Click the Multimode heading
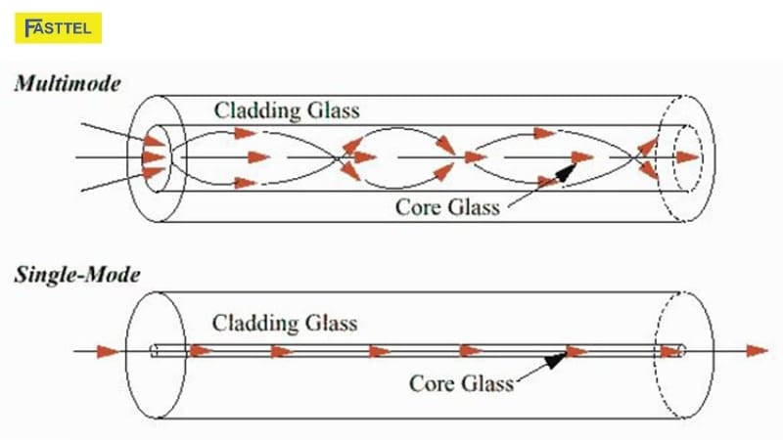[x=68, y=84]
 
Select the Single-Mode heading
[x=75, y=275]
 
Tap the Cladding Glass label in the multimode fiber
[x=287, y=110]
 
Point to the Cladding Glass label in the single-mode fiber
[x=285, y=323]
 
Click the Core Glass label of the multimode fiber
[x=447, y=206]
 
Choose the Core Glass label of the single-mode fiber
[x=461, y=383]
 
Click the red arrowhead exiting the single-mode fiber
[x=755, y=350]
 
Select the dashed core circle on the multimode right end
[x=684, y=155]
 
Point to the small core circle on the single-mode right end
[x=682, y=350]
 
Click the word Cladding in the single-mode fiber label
[x=256, y=323]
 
